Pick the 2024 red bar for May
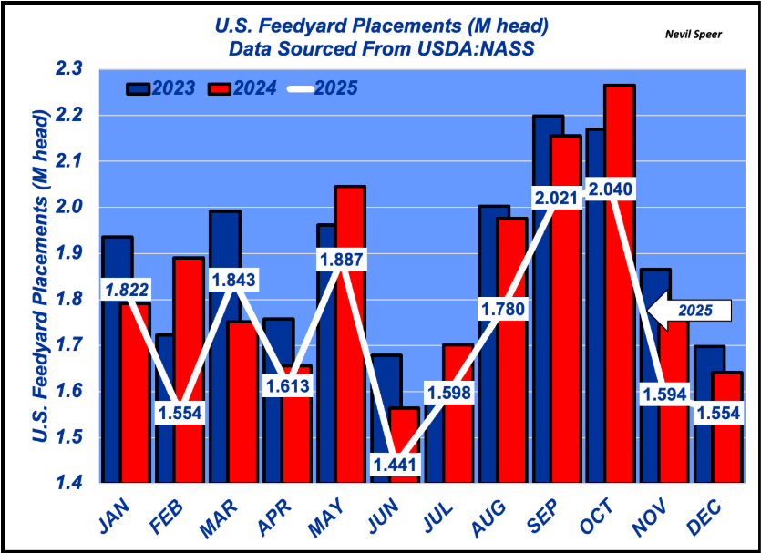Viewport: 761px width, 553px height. (351, 364)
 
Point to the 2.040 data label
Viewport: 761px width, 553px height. (610, 189)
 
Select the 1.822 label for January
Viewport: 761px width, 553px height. (128, 291)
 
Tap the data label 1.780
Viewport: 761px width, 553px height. (502, 310)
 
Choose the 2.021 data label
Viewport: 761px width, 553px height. (556, 198)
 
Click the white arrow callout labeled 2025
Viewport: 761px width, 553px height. (691, 311)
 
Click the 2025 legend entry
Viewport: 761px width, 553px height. (323, 88)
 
